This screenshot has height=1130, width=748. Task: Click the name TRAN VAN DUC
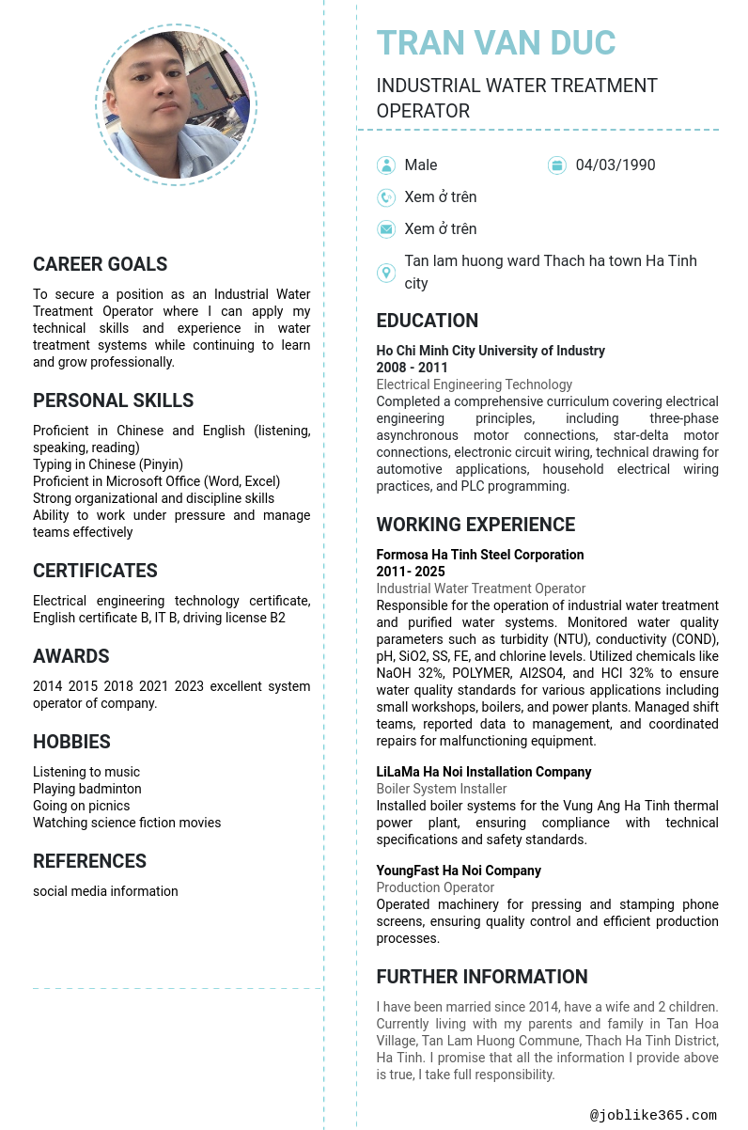tap(496, 43)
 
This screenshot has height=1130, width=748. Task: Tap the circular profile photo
tap(176, 105)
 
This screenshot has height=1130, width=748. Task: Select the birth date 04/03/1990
tap(616, 165)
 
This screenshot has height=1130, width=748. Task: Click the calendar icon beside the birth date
tap(557, 165)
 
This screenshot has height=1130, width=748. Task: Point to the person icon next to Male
tap(386, 165)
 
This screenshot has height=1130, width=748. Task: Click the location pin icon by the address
tap(386, 273)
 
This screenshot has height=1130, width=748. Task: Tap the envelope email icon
tap(386, 229)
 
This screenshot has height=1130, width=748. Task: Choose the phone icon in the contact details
tap(386, 197)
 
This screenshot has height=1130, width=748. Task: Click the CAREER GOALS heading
tap(101, 264)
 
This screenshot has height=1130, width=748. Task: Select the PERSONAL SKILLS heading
tap(114, 400)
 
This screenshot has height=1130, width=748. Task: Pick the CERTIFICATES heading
tap(95, 571)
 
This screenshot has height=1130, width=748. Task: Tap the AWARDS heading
tap(71, 656)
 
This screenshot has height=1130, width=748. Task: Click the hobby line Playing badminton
tap(87, 789)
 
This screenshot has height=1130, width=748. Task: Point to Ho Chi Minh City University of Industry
tap(491, 351)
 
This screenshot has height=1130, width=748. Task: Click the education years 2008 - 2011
tap(413, 368)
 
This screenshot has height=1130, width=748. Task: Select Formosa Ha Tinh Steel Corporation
tap(480, 555)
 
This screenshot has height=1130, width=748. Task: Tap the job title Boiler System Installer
tap(442, 789)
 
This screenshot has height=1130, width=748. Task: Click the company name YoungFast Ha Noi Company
tap(459, 871)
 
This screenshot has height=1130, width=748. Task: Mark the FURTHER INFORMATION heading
tap(482, 977)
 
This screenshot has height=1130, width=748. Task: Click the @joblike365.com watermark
tap(653, 1115)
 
